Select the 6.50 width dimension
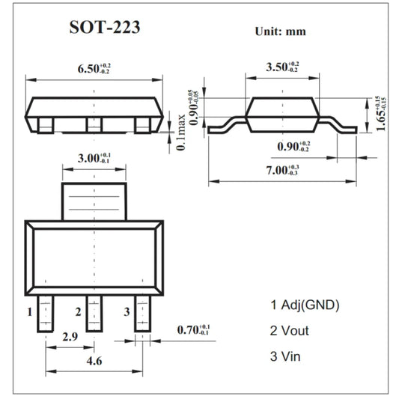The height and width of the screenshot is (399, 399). point(94,70)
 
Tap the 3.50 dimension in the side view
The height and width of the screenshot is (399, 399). point(282,67)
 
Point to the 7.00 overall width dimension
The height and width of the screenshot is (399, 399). point(283,170)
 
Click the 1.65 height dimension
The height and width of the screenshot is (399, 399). point(382,113)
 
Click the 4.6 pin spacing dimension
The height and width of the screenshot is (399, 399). point(93,361)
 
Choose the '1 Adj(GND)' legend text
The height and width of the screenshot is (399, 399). point(305,305)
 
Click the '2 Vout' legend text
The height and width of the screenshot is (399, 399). point(289,330)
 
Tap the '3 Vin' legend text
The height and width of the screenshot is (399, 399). point(286,356)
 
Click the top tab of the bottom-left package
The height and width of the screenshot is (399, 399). point(94,199)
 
